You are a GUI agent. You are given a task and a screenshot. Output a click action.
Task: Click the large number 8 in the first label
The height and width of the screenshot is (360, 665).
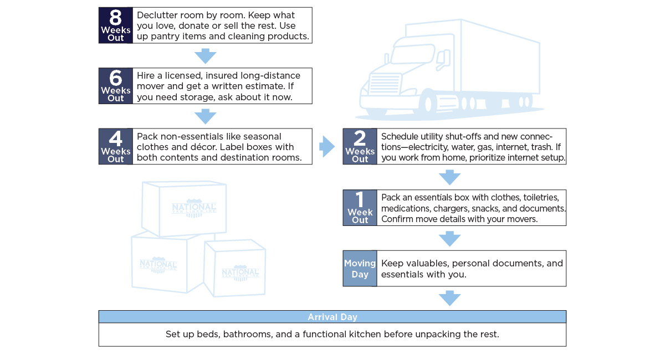pyautogui.click(x=115, y=17)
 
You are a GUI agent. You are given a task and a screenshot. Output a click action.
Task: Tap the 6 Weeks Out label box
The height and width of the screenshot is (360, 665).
pyautogui.click(x=116, y=86)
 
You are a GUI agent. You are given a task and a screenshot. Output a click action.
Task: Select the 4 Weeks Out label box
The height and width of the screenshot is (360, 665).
pyautogui.click(x=116, y=147)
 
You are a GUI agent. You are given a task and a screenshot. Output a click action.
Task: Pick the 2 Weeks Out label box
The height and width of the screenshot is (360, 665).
pyautogui.click(x=360, y=147)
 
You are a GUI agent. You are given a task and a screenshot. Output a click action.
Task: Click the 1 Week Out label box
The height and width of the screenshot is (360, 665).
pyautogui.click(x=360, y=208)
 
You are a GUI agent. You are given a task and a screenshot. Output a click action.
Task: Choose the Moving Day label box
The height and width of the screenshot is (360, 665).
pyautogui.click(x=360, y=269)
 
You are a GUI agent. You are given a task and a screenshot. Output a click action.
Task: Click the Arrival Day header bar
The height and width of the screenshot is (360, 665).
pyautogui.click(x=332, y=317)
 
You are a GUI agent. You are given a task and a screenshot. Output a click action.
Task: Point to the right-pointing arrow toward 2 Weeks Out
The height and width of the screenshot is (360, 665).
pyautogui.click(x=328, y=147)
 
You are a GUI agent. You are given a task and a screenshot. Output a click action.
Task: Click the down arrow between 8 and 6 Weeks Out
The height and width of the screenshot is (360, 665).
pyautogui.click(x=205, y=55)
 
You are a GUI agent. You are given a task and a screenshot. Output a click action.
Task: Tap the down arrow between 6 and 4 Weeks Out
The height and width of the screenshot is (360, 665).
pyautogui.click(x=205, y=116)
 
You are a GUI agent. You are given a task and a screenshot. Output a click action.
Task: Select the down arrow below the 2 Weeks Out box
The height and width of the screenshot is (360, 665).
pyautogui.click(x=449, y=177)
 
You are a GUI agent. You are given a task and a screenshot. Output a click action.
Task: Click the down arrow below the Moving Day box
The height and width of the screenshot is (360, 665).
pyautogui.click(x=449, y=299)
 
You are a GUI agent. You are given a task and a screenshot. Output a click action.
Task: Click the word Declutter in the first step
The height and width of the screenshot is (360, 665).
pyautogui.click(x=157, y=15)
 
